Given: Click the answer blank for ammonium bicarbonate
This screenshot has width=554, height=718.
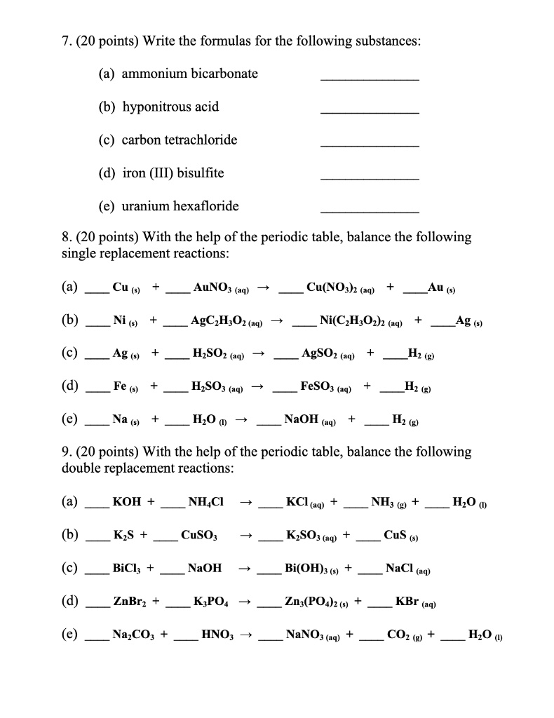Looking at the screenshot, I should tap(370, 79).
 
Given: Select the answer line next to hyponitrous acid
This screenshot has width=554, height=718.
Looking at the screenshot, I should tap(370, 112).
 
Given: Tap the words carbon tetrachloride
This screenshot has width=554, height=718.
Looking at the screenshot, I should tap(180, 140).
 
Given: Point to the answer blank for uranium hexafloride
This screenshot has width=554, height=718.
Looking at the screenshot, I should tap(370, 211).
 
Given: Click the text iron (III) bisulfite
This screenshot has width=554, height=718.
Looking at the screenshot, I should tap(173, 172).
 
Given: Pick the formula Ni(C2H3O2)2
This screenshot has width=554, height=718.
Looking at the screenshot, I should tap(358, 320).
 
